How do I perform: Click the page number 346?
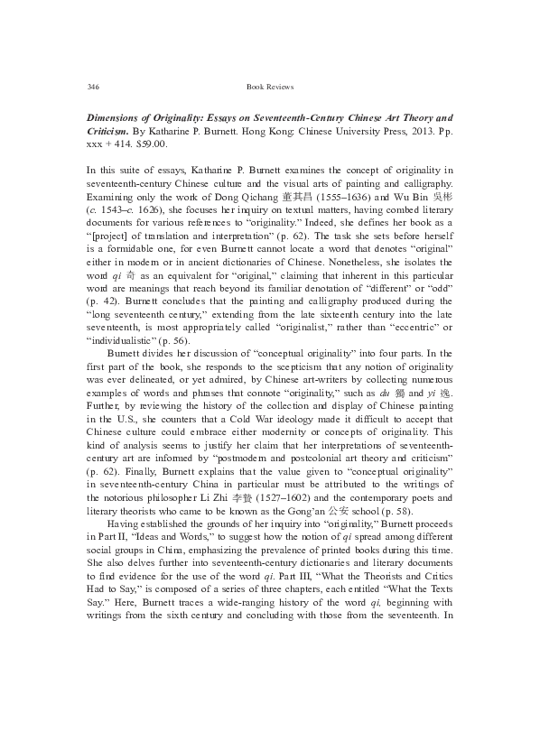click(x=91, y=87)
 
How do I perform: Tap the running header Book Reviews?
click(x=270, y=87)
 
